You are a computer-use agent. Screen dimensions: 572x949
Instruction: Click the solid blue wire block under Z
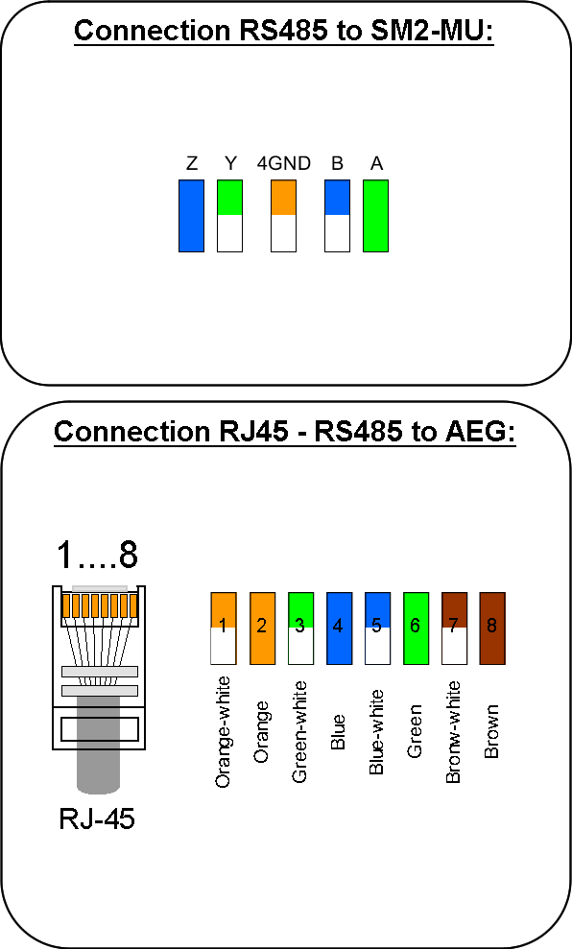pyautogui.click(x=191, y=216)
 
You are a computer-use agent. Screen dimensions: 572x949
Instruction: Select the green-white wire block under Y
pyautogui.click(x=229, y=216)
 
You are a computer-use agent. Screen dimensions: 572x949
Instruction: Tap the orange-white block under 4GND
pyautogui.click(x=283, y=216)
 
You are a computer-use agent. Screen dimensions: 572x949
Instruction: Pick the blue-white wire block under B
pyautogui.click(x=337, y=216)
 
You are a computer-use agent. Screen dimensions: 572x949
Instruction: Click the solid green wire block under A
pyautogui.click(x=375, y=216)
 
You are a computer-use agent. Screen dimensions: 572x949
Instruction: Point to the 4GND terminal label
pyautogui.click(x=283, y=163)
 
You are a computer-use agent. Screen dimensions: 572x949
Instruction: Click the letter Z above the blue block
pyautogui.click(x=192, y=163)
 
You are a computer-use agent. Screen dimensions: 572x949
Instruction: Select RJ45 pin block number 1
pyautogui.click(x=224, y=629)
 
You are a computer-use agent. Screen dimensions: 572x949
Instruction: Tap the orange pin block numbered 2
pyautogui.click(x=262, y=629)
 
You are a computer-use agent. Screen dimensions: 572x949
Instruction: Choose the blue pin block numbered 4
pyautogui.click(x=339, y=629)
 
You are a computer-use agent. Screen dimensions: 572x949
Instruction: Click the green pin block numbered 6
pyautogui.click(x=416, y=629)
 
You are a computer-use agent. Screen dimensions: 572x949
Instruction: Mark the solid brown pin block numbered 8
pyautogui.click(x=492, y=629)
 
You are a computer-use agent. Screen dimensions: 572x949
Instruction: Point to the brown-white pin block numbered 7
pyautogui.click(x=454, y=629)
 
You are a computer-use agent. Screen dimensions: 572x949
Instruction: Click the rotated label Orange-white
pyautogui.click(x=223, y=732)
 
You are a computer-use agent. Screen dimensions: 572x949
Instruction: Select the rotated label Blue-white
pyautogui.click(x=376, y=732)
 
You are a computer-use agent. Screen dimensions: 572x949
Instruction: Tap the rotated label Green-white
pyautogui.click(x=299, y=732)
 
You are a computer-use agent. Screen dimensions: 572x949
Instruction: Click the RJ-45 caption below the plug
pyautogui.click(x=97, y=819)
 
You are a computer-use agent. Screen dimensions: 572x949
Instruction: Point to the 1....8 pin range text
pyautogui.click(x=97, y=555)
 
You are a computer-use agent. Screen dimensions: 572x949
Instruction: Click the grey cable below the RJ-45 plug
pyautogui.click(x=98, y=769)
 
